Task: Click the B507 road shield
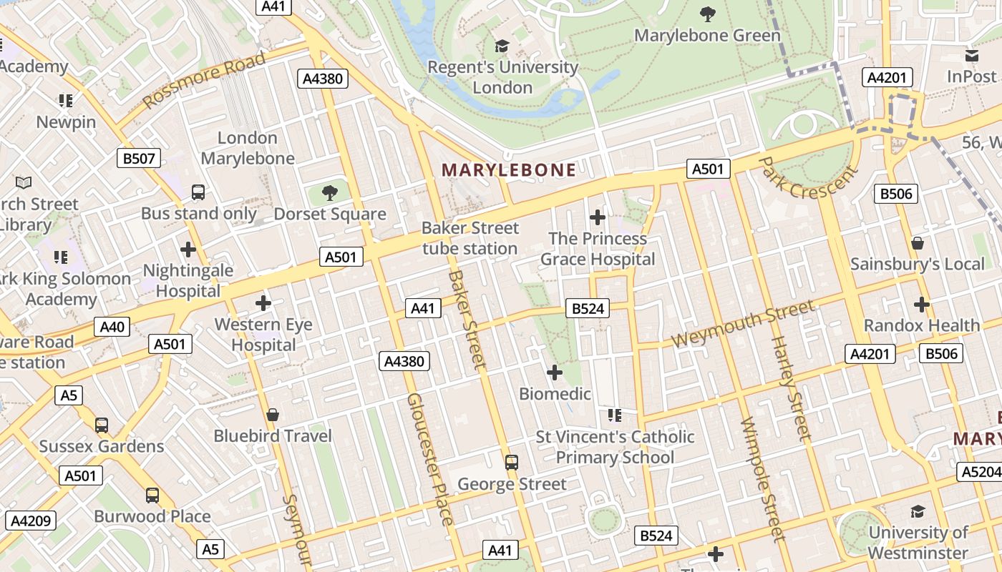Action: point(139,159)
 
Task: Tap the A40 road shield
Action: point(112,327)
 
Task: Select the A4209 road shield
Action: point(29,521)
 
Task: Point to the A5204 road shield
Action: point(979,472)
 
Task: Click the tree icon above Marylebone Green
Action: point(707,14)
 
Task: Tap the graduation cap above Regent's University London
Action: point(502,46)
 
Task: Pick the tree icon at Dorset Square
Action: point(329,192)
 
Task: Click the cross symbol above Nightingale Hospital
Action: point(188,250)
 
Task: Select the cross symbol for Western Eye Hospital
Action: point(263,303)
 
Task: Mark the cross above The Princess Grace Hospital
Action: point(598,217)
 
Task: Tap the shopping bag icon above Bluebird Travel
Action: point(272,415)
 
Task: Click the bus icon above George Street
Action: point(512,462)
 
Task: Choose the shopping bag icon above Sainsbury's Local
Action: point(918,243)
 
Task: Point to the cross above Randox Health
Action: point(922,305)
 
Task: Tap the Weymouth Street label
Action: point(743,324)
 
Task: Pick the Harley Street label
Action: point(791,386)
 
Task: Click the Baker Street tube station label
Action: point(470,238)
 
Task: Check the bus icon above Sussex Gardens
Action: point(102,425)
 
